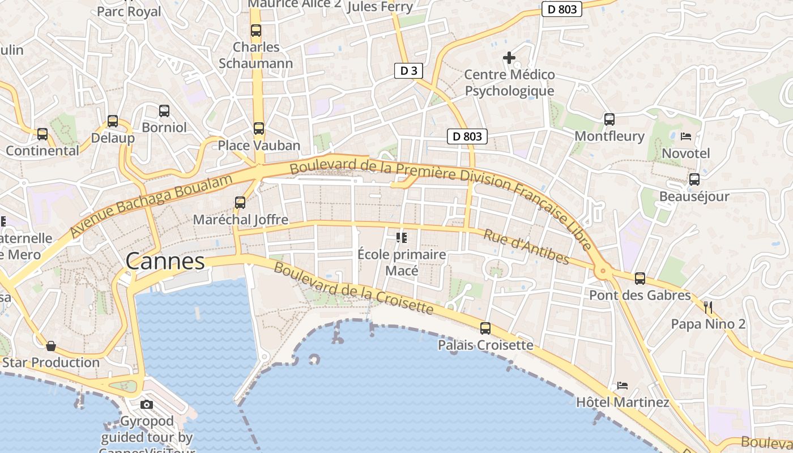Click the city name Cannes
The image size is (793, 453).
tap(165, 262)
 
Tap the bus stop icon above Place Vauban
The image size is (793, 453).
tap(259, 129)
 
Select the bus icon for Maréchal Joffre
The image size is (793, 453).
tap(240, 202)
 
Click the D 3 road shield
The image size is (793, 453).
tap(408, 71)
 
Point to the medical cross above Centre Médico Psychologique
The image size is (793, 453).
tap(509, 58)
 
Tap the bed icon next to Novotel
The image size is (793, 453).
tap(686, 136)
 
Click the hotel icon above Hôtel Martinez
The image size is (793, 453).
tap(623, 386)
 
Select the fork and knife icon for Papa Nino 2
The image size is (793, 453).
tap(708, 307)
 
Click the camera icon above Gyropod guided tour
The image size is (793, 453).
tap(147, 404)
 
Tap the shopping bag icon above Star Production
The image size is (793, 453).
tap(51, 345)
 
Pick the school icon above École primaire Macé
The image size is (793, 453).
tap(402, 237)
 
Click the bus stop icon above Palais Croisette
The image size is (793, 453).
tap(485, 328)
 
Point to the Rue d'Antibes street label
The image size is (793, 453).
tap(526, 246)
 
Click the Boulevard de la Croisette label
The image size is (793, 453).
tap(353, 288)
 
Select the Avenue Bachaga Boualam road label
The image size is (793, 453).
tap(151, 206)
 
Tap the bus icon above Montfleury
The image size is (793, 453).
tap(609, 119)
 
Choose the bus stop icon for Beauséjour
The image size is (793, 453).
tap(694, 180)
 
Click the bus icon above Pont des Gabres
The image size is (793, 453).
tap(640, 279)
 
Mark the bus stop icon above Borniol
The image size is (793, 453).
tap(164, 111)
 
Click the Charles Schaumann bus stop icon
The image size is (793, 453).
tap(256, 31)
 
